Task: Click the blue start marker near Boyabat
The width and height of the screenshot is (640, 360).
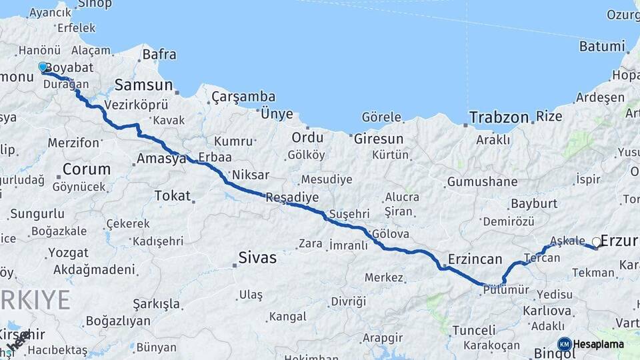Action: click(x=43, y=67)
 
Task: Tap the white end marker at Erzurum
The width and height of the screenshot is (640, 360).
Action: click(x=596, y=242)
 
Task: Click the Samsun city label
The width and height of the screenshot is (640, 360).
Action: click(x=143, y=85)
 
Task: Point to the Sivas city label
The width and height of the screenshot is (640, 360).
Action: click(x=257, y=257)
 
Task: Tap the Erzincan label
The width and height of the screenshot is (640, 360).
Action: click(x=475, y=258)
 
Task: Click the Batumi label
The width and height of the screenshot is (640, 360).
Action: click(x=602, y=47)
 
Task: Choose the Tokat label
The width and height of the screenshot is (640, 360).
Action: click(x=172, y=196)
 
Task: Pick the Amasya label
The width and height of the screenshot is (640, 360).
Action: click(x=161, y=159)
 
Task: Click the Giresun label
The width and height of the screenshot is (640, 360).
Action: click(x=379, y=139)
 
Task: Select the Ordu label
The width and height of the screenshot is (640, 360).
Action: click(x=307, y=138)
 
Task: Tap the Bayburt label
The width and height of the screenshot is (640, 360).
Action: click(x=533, y=203)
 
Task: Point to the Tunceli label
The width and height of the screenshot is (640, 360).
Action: click(x=474, y=330)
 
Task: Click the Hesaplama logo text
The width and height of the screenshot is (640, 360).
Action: click(x=599, y=345)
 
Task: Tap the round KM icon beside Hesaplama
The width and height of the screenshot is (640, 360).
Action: click(x=564, y=345)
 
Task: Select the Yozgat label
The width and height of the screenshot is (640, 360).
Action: click(x=68, y=253)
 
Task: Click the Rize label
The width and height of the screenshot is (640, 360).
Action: click(x=549, y=117)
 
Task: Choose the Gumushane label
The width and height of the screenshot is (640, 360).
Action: click(x=482, y=181)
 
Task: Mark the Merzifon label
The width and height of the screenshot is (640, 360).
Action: click(x=73, y=143)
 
